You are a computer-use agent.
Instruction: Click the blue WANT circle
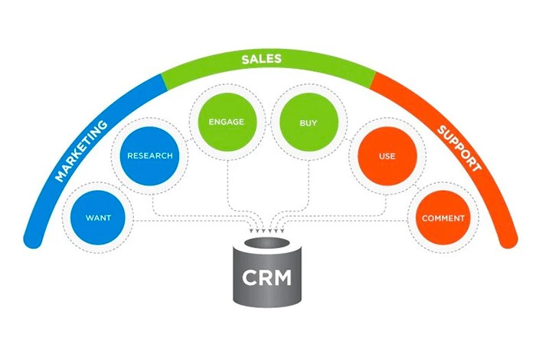tap(99, 218)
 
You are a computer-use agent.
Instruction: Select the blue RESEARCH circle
tap(149, 156)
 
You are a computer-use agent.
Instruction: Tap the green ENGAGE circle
tap(221, 122)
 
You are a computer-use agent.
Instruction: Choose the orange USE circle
tap(386, 156)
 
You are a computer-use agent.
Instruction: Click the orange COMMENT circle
tap(443, 218)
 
